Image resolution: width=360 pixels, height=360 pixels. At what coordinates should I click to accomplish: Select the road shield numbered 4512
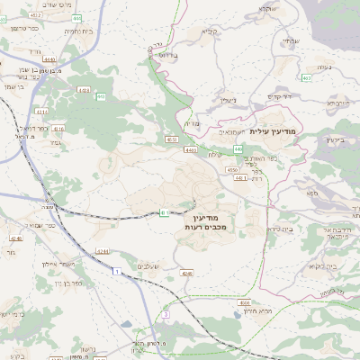pos(37,15)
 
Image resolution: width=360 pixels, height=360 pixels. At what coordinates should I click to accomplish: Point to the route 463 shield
pos(307,78)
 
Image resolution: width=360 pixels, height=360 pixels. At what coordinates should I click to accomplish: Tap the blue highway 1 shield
pos(116,271)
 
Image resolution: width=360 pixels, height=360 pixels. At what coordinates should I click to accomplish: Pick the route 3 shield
pos(166,314)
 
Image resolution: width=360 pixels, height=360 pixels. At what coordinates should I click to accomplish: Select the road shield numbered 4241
pos(101,251)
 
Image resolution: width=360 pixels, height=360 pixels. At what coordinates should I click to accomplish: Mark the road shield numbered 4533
pos(171,139)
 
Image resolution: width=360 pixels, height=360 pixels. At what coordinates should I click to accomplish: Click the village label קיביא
pos(209,32)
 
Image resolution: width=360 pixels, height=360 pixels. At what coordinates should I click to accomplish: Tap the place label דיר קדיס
pos(283,95)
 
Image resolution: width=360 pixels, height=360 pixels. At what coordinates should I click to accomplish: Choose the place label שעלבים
pos(148,265)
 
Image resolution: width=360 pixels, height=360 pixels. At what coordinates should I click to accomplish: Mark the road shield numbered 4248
pos(14,238)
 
